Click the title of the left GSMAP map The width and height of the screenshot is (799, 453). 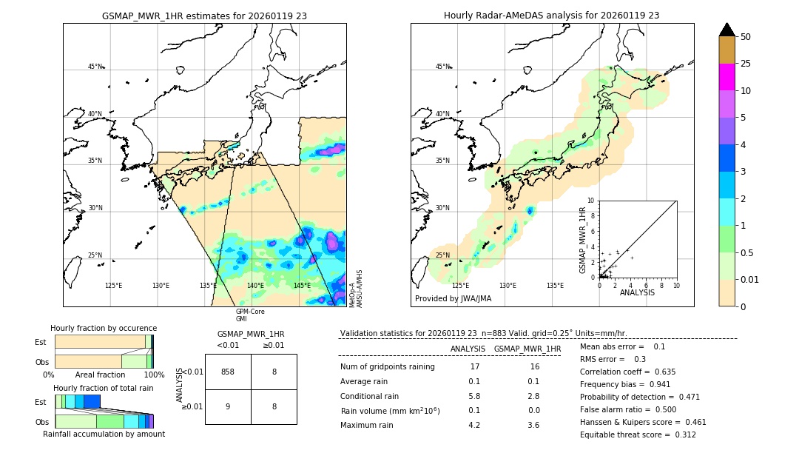pos(204,16)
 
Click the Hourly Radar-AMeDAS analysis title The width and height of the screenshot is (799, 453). pos(551,16)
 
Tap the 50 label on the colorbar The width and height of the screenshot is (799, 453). pos(746,37)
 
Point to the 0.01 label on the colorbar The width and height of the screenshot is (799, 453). pos(750,279)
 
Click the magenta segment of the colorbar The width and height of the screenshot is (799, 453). pos(726,77)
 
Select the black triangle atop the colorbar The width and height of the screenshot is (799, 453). pos(726,30)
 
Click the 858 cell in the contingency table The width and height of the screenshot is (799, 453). pos(228,372)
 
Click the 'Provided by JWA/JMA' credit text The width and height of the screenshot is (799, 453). pos(453,298)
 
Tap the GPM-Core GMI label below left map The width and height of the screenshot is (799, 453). pos(250,315)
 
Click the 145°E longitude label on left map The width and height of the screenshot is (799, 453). pos(302,286)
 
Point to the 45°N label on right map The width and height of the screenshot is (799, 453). pos(442,67)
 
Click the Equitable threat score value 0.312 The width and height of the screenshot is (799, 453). pos(681,434)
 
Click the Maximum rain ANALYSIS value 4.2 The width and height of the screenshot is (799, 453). pos(474,425)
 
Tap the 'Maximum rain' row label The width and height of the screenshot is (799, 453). pos(368,425)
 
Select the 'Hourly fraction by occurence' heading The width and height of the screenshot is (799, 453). pos(104,328)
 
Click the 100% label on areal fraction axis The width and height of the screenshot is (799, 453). pos(154,375)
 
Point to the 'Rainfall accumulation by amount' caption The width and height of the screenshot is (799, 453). pos(104,434)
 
